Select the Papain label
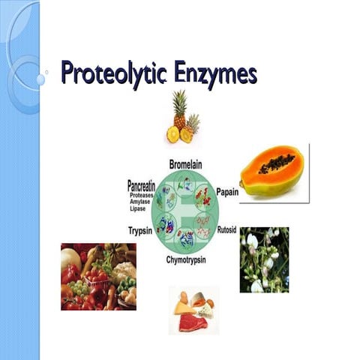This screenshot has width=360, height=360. pyautogui.click(x=227, y=192)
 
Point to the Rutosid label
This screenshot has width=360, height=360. pyautogui.click(x=226, y=229)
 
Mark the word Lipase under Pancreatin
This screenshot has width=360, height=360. pyautogui.click(x=140, y=208)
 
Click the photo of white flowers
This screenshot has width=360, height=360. pyautogui.click(x=264, y=259)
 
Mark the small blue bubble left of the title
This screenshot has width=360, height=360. pyautogui.click(x=40, y=79)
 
